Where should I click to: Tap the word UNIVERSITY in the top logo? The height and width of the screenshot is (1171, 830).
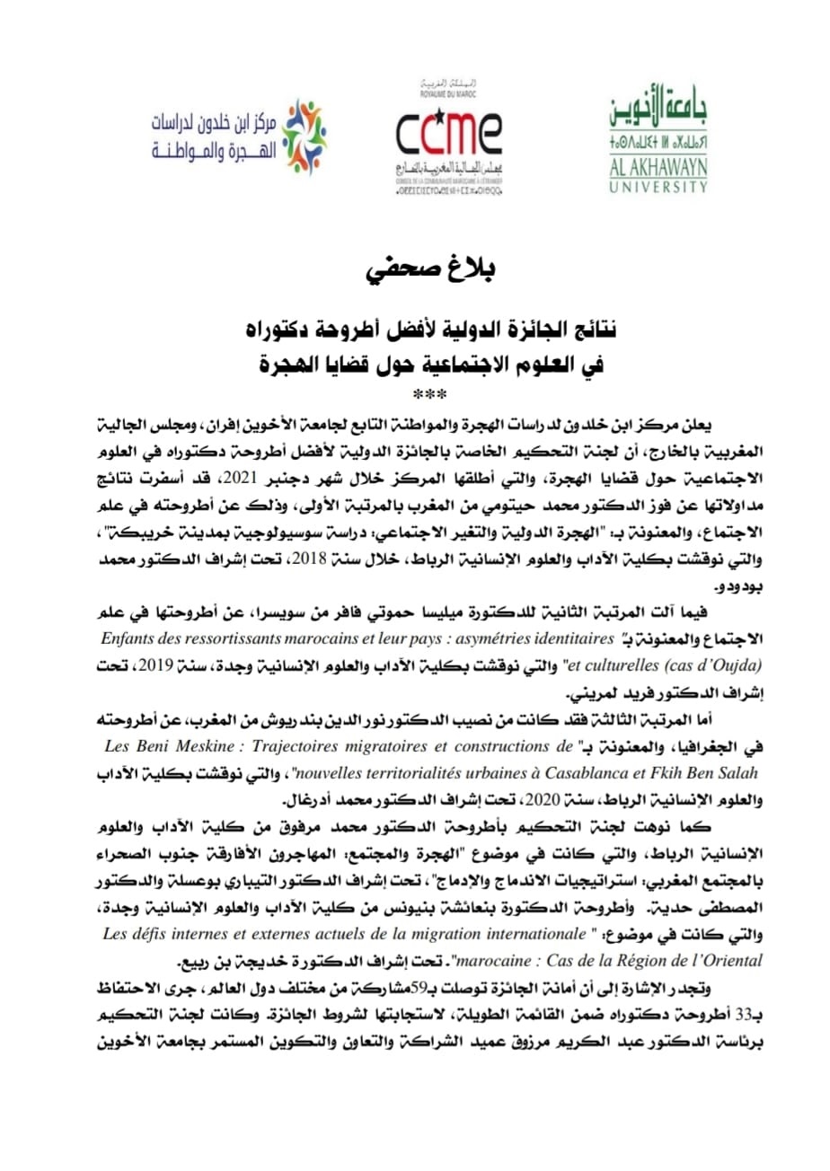pyautogui.click(x=658, y=187)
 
